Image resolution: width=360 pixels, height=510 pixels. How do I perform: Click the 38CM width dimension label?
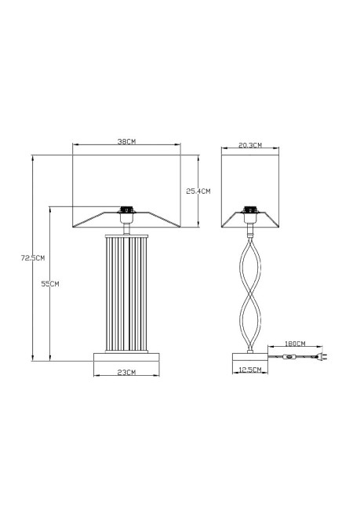pyautogui.click(x=127, y=142)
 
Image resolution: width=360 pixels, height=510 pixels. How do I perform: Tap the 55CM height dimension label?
pyautogui.click(x=50, y=283)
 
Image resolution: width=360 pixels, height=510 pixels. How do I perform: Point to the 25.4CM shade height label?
pyautogui.click(x=198, y=191)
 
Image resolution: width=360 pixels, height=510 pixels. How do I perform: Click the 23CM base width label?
pyautogui.click(x=126, y=371)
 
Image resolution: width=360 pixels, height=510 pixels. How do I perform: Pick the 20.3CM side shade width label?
pyautogui.click(x=249, y=146)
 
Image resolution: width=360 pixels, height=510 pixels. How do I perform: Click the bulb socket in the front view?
pyautogui.click(x=125, y=210)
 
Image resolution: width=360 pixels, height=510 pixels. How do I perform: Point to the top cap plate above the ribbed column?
pyautogui.click(x=126, y=232)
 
